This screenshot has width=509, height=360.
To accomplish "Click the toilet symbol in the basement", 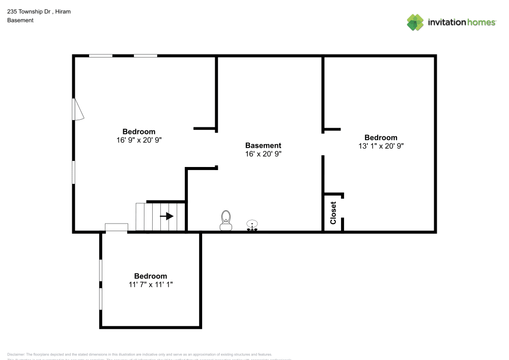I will [226, 219].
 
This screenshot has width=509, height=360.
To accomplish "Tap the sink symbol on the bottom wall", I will [252, 225].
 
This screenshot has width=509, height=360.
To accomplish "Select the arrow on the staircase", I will [166, 216].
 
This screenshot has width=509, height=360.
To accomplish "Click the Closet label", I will [333, 213].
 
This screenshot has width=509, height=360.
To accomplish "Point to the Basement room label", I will [263, 146].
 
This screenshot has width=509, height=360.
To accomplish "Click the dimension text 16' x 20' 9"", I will [263, 154].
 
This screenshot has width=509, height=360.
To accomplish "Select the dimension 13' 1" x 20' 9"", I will [381, 146].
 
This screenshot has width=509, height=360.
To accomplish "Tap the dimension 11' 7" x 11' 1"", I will [151, 285].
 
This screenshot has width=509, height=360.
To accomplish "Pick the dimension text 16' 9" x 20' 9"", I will [139, 140].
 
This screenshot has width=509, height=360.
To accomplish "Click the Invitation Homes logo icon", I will [415, 22].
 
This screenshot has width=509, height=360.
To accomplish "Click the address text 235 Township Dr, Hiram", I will [39, 11].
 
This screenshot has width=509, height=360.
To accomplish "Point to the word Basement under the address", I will [20, 20].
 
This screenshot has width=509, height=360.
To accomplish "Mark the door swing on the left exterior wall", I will [77, 109].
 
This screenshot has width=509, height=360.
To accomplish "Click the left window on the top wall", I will [101, 56].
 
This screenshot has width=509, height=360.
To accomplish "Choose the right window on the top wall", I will [146, 56].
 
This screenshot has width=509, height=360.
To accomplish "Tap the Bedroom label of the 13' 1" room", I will [381, 137].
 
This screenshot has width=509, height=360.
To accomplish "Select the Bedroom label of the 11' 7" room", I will [151, 276].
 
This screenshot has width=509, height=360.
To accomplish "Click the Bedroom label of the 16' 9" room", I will [139, 131].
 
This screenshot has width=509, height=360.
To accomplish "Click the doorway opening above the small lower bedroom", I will [116, 228].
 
